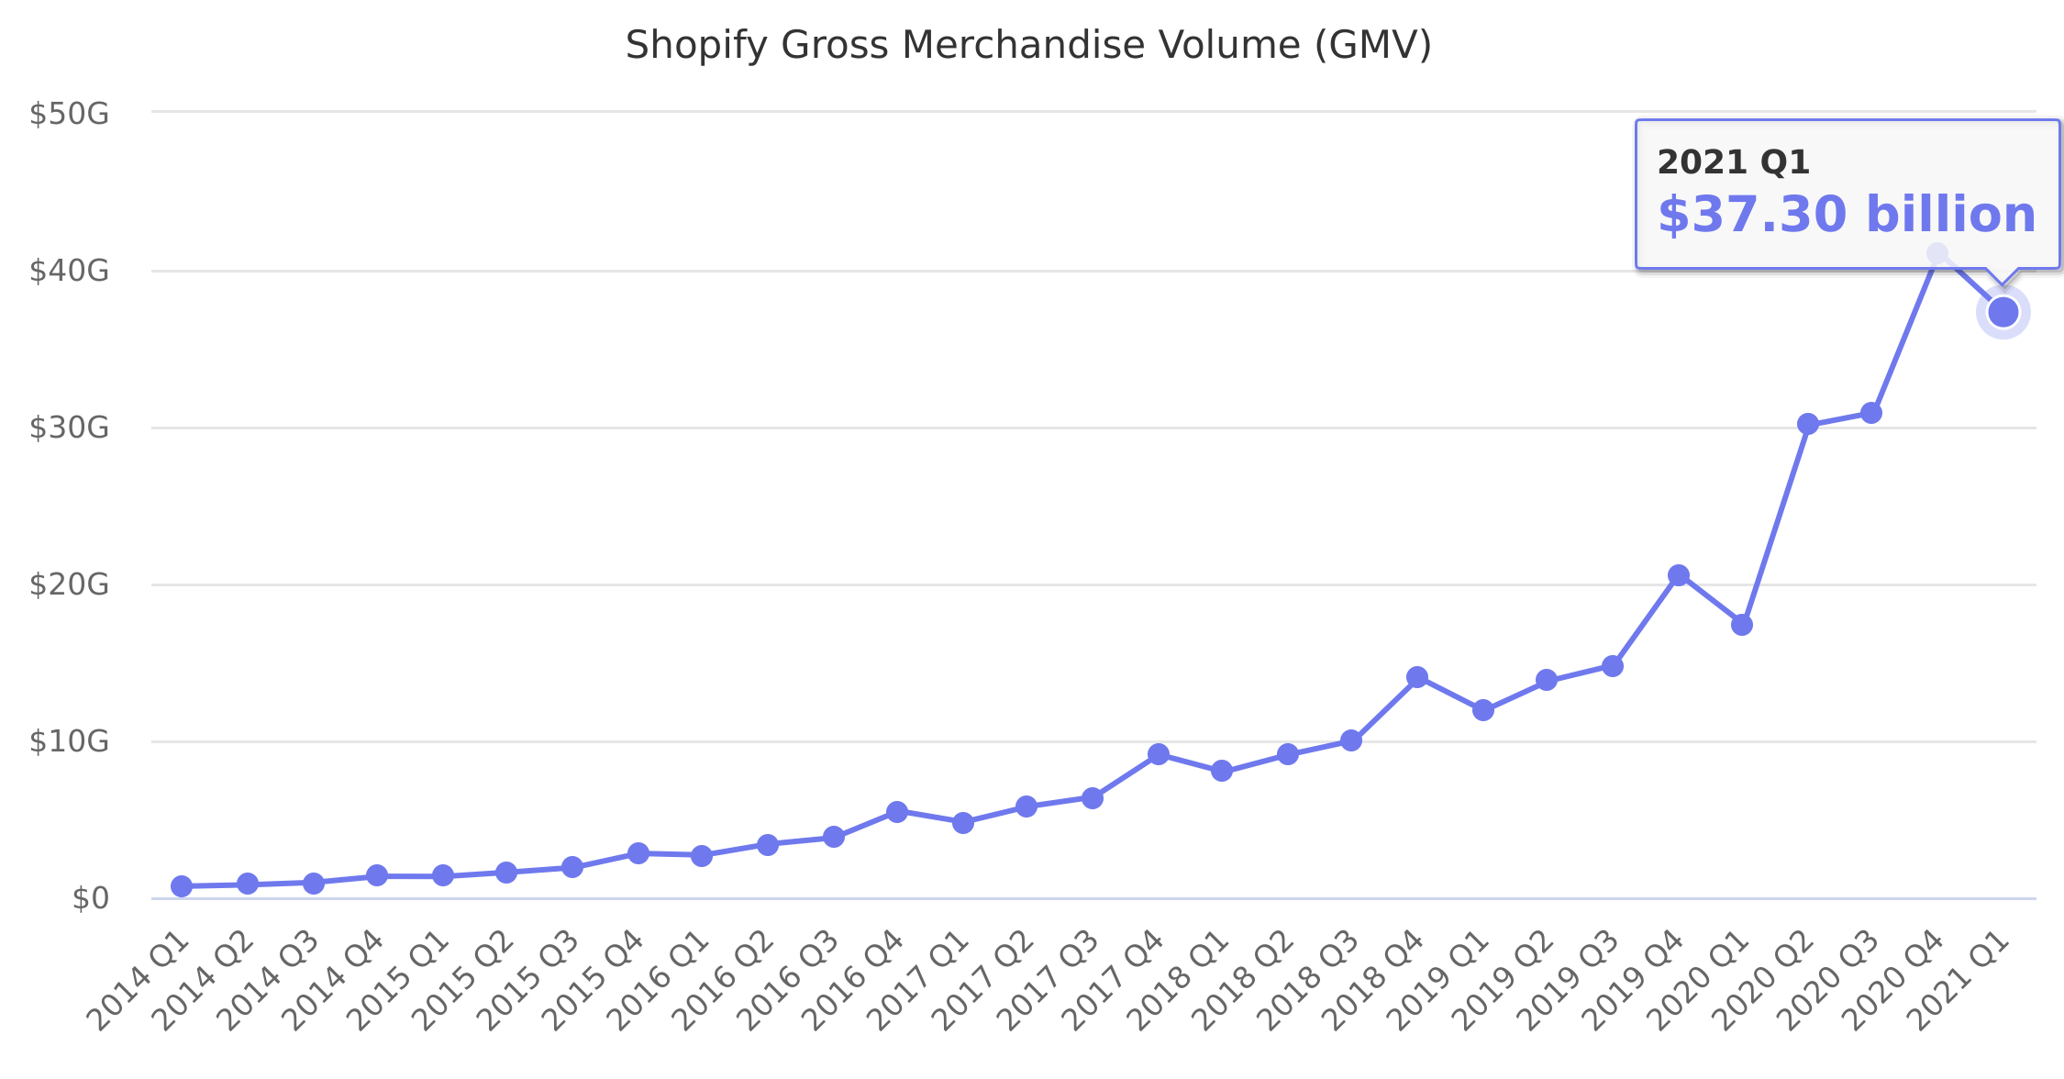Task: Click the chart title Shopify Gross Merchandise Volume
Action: (x=1028, y=45)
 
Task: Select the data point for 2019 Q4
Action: (x=1679, y=575)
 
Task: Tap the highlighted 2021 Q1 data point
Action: (x=2003, y=313)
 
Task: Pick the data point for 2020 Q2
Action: (x=1808, y=424)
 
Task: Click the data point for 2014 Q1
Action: (x=182, y=886)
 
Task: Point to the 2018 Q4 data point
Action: (x=1417, y=677)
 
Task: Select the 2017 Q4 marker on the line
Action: (x=1159, y=754)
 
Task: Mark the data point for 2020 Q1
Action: (x=1742, y=625)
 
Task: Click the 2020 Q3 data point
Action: (x=1871, y=413)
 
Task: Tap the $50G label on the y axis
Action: (x=69, y=114)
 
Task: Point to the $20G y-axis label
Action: (x=69, y=584)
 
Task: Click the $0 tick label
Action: (x=90, y=898)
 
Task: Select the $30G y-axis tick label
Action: (x=69, y=428)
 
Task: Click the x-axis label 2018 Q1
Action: (x=1180, y=980)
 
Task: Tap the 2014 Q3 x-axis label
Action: (x=272, y=980)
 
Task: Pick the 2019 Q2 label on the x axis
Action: (x=1504, y=980)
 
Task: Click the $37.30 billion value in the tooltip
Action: (x=1847, y=215)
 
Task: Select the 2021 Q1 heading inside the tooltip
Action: (x=1733, y=162)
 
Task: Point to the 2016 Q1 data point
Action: (x=702, y=856)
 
